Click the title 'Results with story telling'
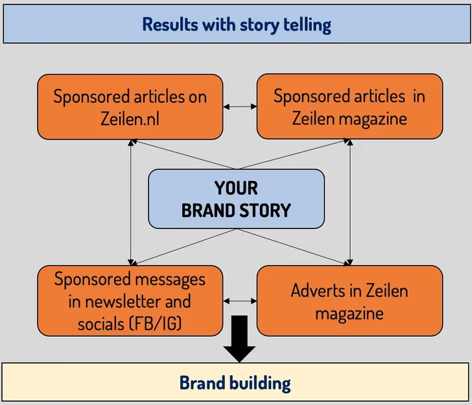[x=236, y=25]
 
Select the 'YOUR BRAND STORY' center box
[x=236, y=199]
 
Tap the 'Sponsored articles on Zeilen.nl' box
[x=130, y=106]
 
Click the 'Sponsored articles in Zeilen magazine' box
[x=349, y=106]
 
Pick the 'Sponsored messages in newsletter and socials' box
[x=130, y=301]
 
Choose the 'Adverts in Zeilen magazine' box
[x=349, y=301]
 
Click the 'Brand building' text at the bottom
[x=235, y=382]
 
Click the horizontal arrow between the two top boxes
[x=239, y=105]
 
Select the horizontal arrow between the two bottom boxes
[x=239, y=301]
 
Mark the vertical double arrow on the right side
[x=350, y=202]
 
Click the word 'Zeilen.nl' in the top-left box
[x=130, y=118]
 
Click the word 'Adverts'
[x=317, y=290]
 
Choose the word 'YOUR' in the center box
[x=236, y=188]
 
